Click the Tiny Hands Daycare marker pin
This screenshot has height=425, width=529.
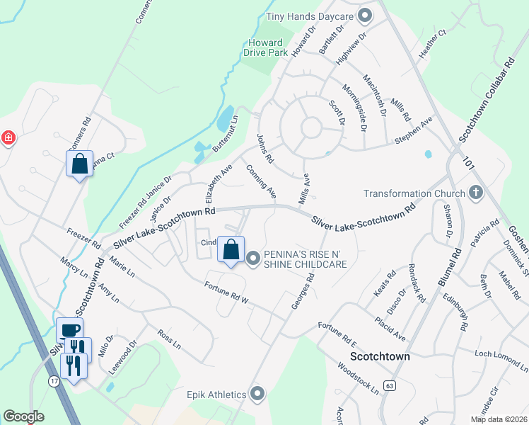tap(365, 15)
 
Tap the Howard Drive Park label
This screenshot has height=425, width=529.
tap(262, 47)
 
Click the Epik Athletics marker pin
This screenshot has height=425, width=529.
tap(257, 393)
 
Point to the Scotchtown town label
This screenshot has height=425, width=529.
tap(380, 356)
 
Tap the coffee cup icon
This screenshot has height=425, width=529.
tap(70, 329)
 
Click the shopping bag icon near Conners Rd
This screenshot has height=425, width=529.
tap(79, 164)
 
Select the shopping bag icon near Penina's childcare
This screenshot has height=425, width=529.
tap(231, 249)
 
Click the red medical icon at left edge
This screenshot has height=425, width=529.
tap(8, 137)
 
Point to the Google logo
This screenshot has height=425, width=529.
tap(23, 416)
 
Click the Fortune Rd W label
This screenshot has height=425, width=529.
tap(227, 290)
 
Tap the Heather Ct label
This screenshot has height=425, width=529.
tap(432, 42)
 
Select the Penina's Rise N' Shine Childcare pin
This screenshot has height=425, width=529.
tap(254, 259)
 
